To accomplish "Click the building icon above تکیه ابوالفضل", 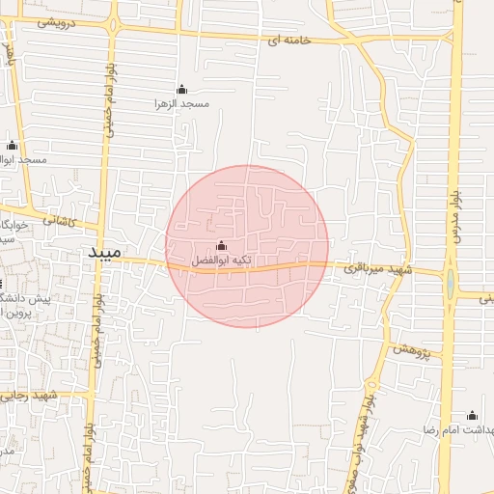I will [223, 245].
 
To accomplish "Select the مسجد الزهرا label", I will [180, 102].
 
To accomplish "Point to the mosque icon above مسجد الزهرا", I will [181, 89].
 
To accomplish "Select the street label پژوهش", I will [410, 348].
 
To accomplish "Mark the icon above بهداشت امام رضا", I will [472, 416].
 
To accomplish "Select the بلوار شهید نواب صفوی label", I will [368, 425].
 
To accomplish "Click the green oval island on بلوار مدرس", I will [451, 286].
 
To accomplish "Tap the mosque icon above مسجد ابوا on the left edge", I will [13, 146].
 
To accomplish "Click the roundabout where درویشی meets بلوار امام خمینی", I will [114, 23].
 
